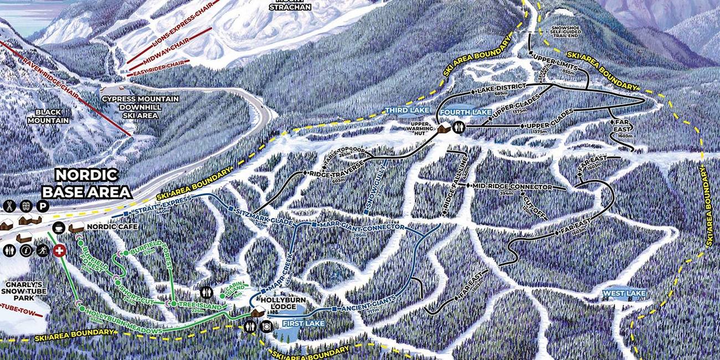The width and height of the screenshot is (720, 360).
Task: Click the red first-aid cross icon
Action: click(x=59, y=250)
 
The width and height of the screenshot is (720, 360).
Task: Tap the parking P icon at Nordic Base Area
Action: click(x=42, y=205)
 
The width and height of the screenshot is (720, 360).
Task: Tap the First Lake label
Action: click(x=302, y=323)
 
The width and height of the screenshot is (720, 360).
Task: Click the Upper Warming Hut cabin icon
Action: click(x=444, y=128)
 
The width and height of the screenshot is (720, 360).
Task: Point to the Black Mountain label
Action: click(x=48, y=116)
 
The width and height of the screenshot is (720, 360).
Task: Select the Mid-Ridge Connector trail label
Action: click(x=512, y=187)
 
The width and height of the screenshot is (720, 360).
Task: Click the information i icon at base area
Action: click(x=24, y=250)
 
